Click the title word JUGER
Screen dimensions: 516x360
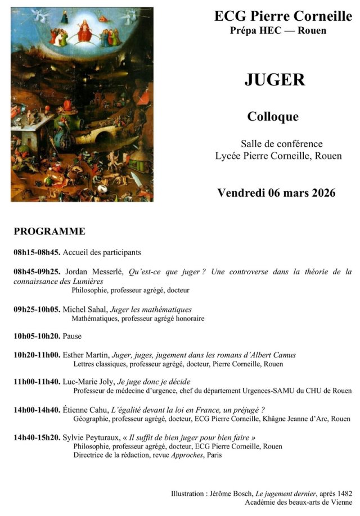pos(274,80)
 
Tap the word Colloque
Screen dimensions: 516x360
pos(273,117)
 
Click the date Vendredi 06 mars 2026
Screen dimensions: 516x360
pos(276,193)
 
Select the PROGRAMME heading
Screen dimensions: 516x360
pos(49,231)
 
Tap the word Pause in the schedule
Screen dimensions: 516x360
pos(72,336)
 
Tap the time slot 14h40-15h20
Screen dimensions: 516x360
pos(37,437)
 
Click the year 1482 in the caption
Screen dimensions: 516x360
pos(344,493)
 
